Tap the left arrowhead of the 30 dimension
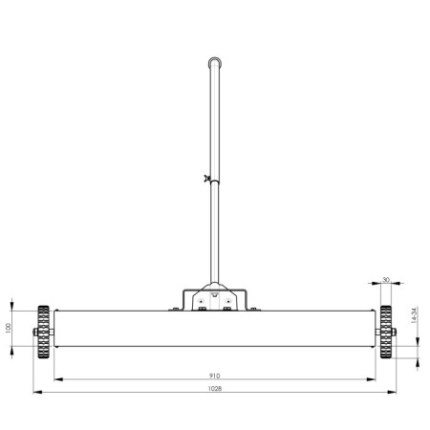tap(376, 284)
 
